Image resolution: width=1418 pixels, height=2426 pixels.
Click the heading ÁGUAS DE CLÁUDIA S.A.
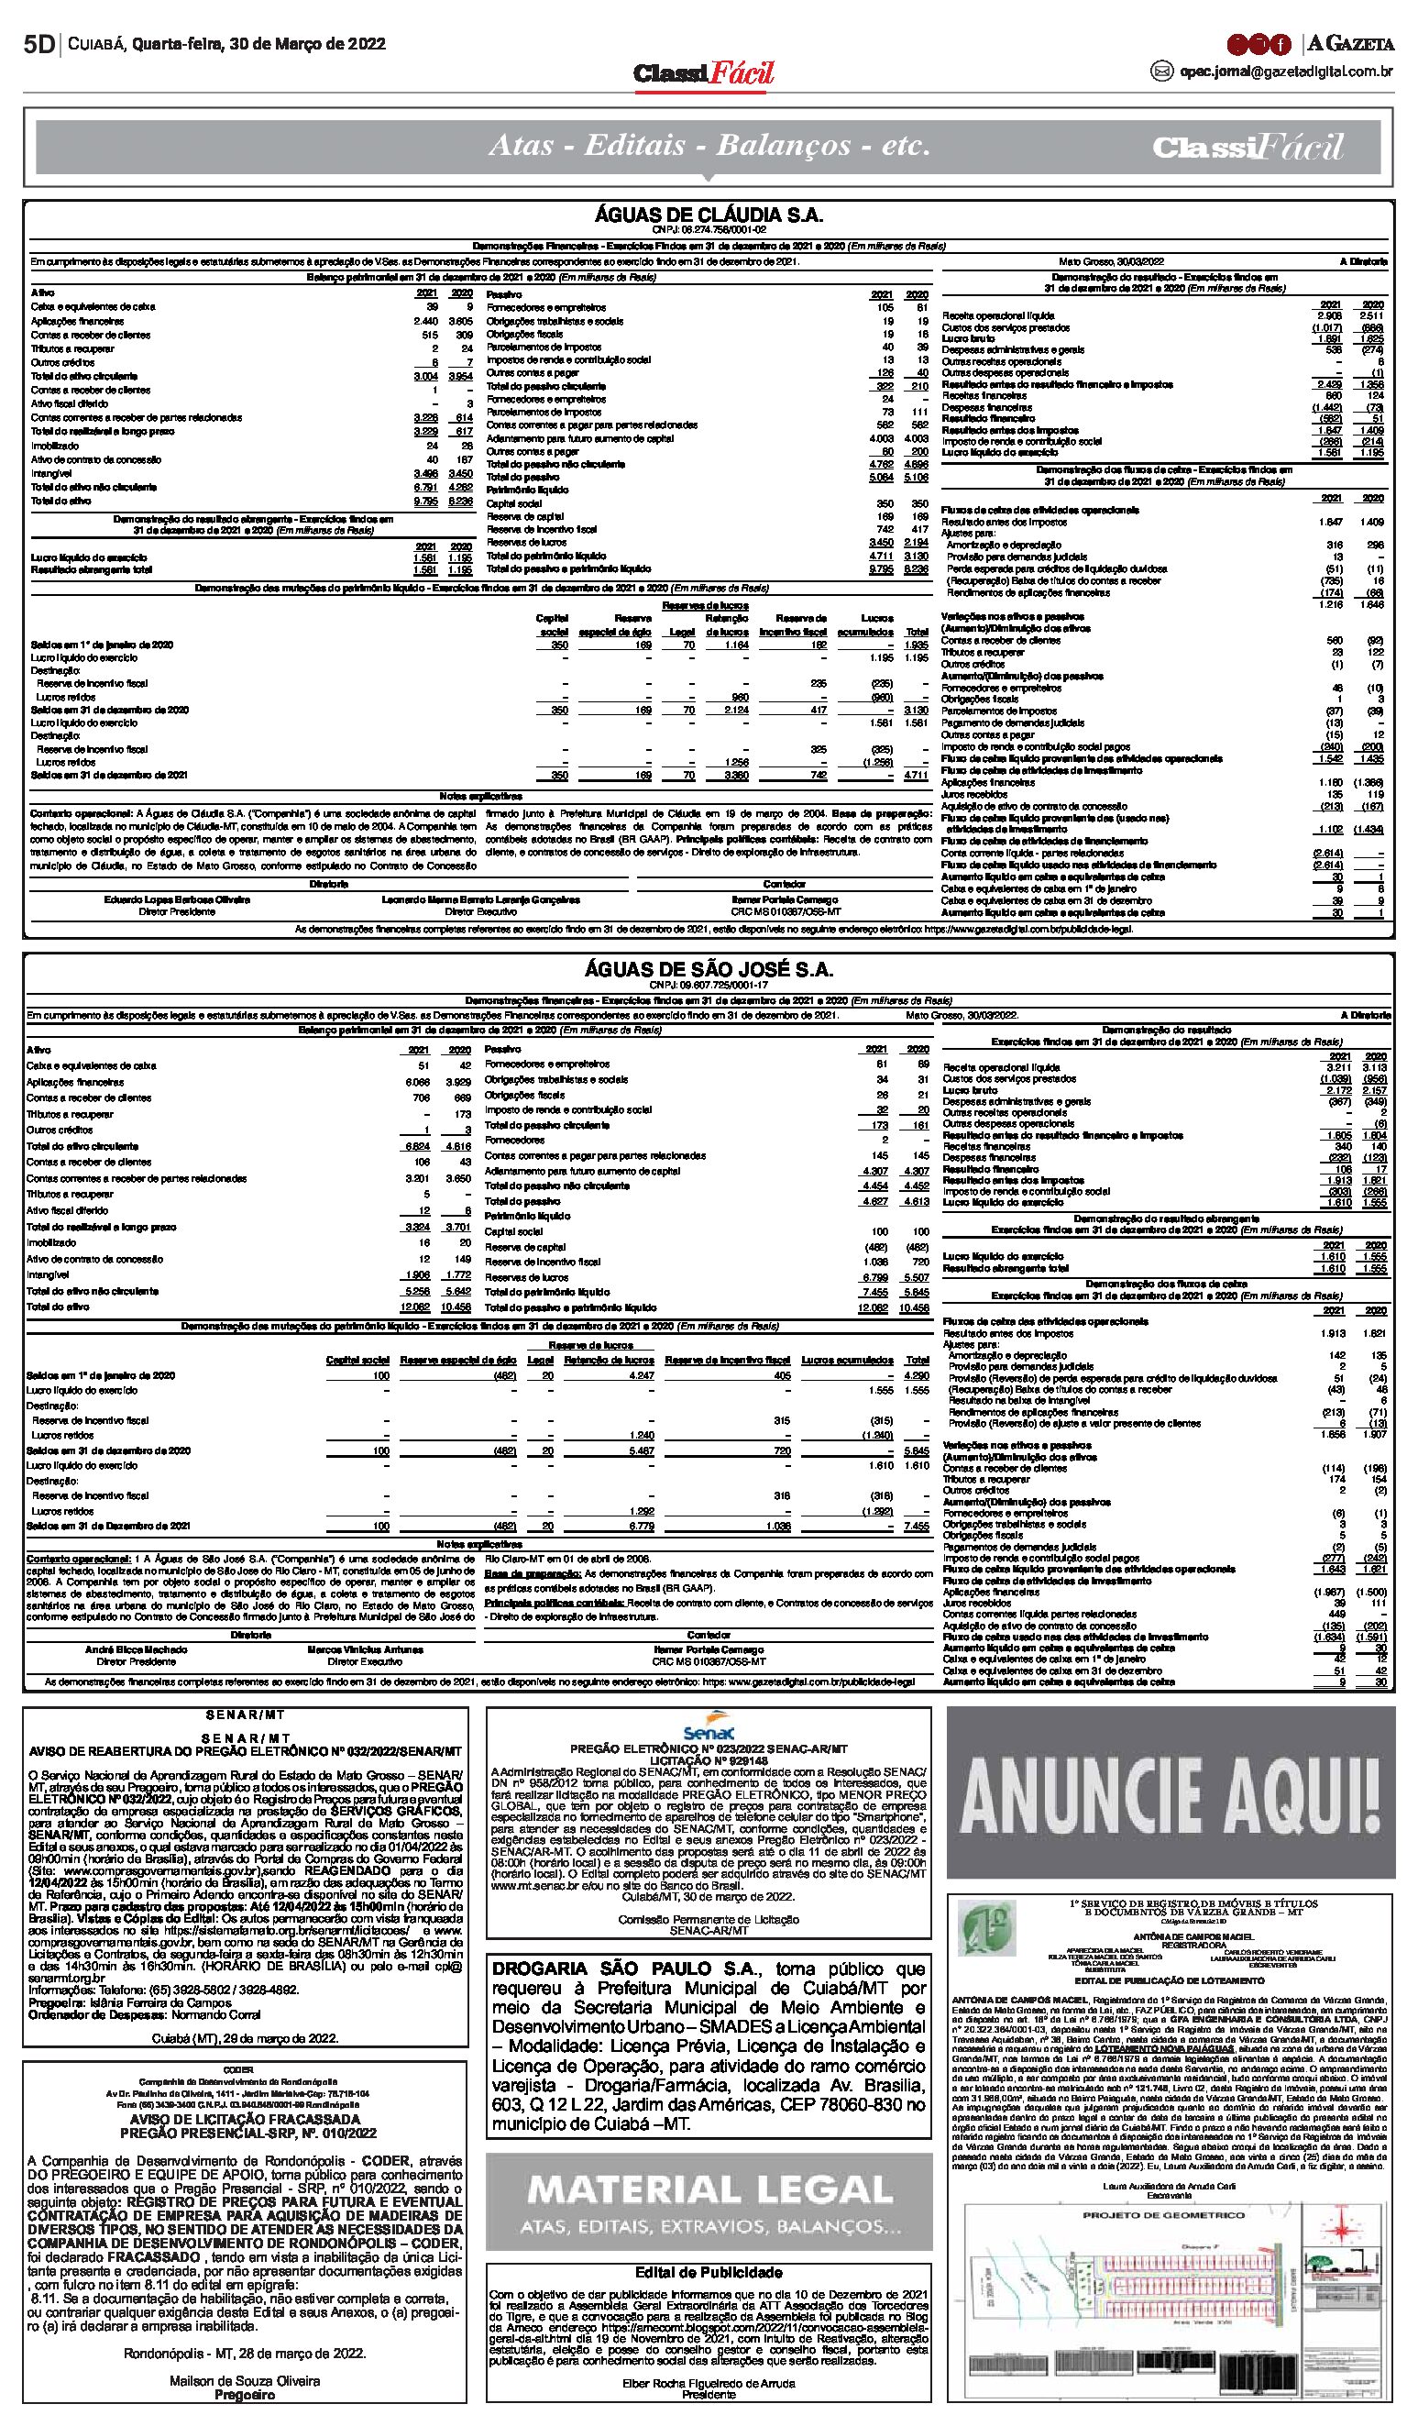click(709, 215)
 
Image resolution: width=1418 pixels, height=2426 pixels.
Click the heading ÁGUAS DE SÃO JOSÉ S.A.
click(709, 969)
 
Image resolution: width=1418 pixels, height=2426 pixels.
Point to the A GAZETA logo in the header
click(1350, 43)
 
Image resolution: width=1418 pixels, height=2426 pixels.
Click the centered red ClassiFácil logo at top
click(704, 74)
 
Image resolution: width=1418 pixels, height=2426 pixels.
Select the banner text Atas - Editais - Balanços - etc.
click(709, 147)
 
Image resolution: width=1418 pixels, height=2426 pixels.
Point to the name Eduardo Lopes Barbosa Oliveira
click(177, 899)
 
